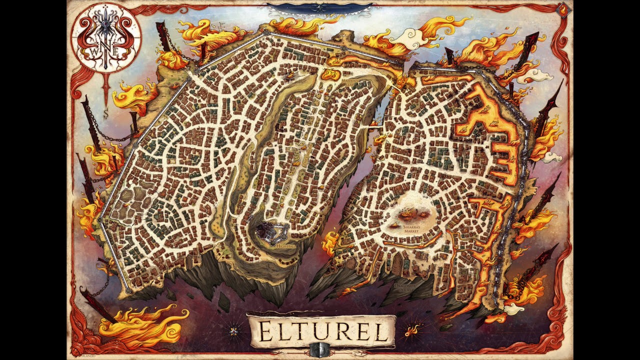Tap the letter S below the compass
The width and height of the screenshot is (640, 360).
pyautogui.click(x=106, y=114)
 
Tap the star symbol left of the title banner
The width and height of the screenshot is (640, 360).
pyautogui.click(x=233, y=330)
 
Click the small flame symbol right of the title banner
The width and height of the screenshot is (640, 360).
pyautogui.click(x=412, y=330)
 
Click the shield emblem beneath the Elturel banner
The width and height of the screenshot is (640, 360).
pyautogui.click(x=320, y=349)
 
